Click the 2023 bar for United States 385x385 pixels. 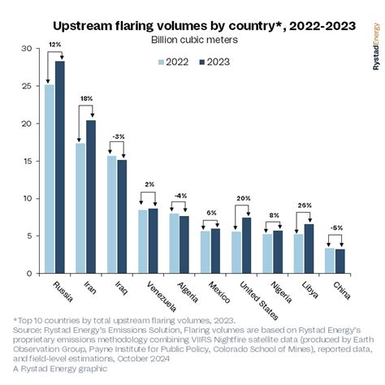click(x=245, y=244)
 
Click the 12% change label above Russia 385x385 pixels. click(x=54, y=43)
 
